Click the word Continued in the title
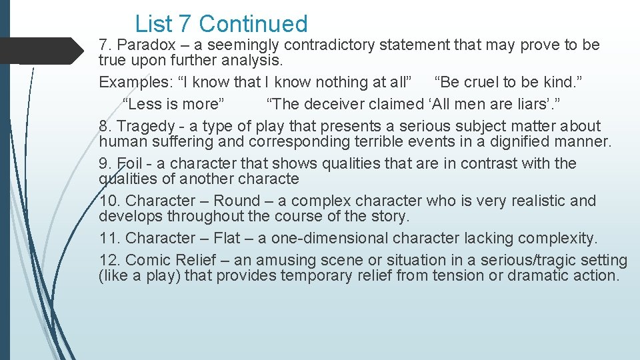tap(253, 24)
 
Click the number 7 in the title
tap(185, 24)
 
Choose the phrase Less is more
tap(174, 104)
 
